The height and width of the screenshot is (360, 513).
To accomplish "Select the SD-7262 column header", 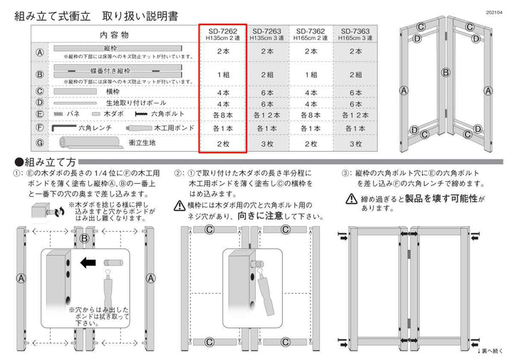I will point(222,34).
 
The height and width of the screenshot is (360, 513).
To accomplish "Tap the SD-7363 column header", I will point(356,34).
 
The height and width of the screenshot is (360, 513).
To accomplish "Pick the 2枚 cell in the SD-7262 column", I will point(222,143).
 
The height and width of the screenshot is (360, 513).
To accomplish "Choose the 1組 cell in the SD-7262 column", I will point(222,74).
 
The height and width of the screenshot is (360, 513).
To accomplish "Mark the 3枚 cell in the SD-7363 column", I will point(356,143).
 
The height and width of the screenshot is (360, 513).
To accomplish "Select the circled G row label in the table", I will point(40,143).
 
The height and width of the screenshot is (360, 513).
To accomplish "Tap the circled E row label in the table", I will point(40,114).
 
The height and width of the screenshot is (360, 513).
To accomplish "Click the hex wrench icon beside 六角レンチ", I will point(66,128).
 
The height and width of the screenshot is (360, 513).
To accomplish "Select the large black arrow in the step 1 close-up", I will point(89,262).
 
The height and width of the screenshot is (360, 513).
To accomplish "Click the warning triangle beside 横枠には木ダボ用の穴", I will point(180,205).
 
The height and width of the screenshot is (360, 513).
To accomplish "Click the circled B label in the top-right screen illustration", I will point(445,71).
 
